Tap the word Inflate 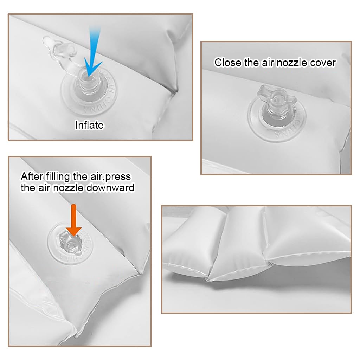[x=89, y=125]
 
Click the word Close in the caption [x=228, y=63]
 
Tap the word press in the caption [x=118, y=176]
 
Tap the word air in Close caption [x=266, y=63]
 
